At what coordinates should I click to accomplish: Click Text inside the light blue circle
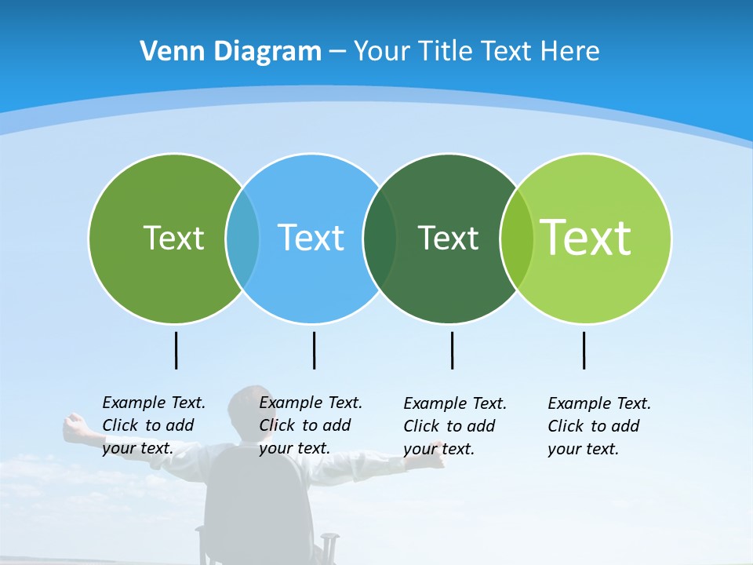click(311, 238)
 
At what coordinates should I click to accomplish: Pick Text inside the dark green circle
click(448, 238)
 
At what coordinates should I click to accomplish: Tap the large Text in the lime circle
click(586, 238)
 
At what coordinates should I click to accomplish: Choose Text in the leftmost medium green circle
click(173, 238)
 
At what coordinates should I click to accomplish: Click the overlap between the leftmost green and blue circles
click(242, 238)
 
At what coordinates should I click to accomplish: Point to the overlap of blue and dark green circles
click(380, 238)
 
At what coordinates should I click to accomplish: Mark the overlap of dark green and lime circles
click(517, 238)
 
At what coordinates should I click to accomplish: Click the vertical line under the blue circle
click(314, 350)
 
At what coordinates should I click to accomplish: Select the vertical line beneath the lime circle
click(584, 350)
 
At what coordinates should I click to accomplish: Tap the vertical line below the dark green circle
click(452, 350)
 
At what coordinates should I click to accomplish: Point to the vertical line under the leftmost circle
click(176, 350)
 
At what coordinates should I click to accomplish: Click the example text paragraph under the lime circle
click(598, 426)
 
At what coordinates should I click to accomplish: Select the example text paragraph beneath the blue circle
click(310, 425)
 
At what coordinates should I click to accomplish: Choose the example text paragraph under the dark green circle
click(454, 426)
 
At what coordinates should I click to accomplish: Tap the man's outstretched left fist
click(75, 426)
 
